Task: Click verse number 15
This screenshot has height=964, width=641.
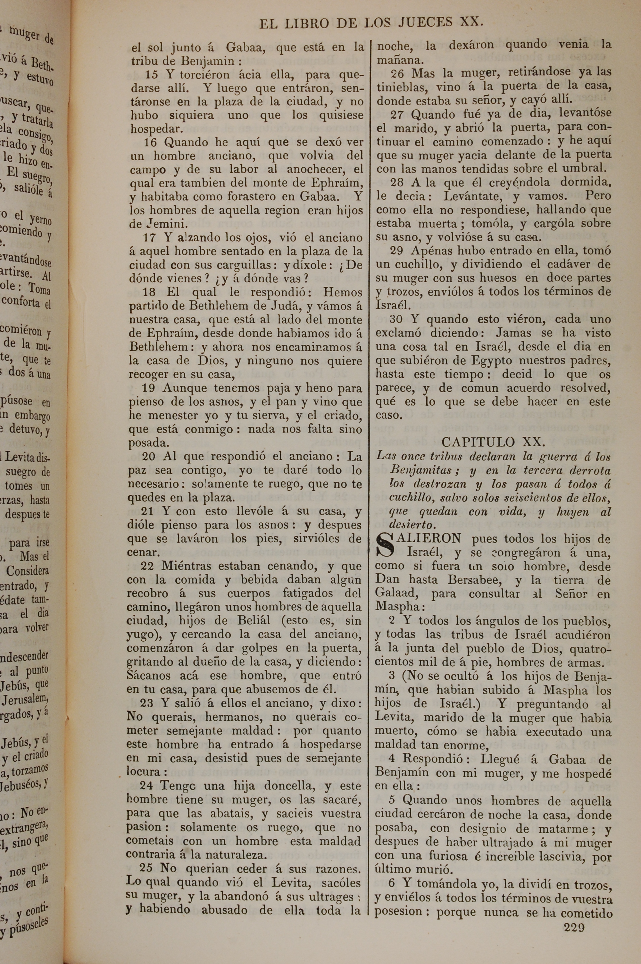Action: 152,74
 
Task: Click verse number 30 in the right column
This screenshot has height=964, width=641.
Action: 396,319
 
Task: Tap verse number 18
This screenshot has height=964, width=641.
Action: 150,292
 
